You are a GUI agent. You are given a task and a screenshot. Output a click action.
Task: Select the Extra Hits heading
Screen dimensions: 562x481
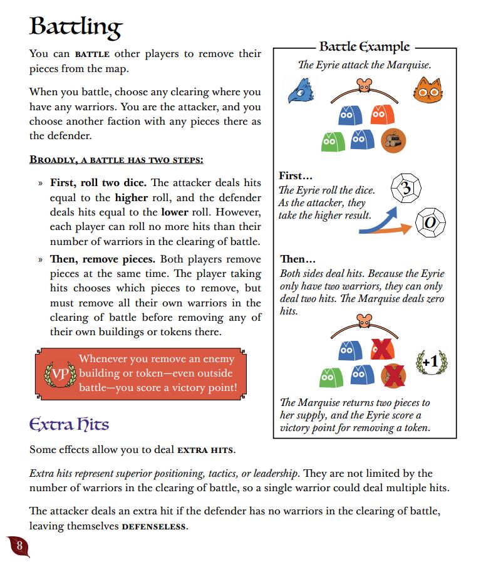69,424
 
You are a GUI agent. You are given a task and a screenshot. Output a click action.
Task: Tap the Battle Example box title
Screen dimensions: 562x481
364,47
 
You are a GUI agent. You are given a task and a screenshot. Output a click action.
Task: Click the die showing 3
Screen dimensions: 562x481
405,187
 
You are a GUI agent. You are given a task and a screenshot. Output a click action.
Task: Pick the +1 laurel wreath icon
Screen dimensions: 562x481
430,362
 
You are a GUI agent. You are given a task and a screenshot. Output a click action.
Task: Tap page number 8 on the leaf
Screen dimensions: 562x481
19,546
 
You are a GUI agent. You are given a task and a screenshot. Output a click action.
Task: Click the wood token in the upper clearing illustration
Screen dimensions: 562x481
393,140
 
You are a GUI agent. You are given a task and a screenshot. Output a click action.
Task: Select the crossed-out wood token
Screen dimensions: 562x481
393,376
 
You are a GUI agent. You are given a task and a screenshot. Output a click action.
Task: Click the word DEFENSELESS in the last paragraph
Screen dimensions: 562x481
156,526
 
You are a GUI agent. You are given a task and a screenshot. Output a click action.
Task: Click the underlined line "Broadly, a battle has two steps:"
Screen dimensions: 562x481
116,160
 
